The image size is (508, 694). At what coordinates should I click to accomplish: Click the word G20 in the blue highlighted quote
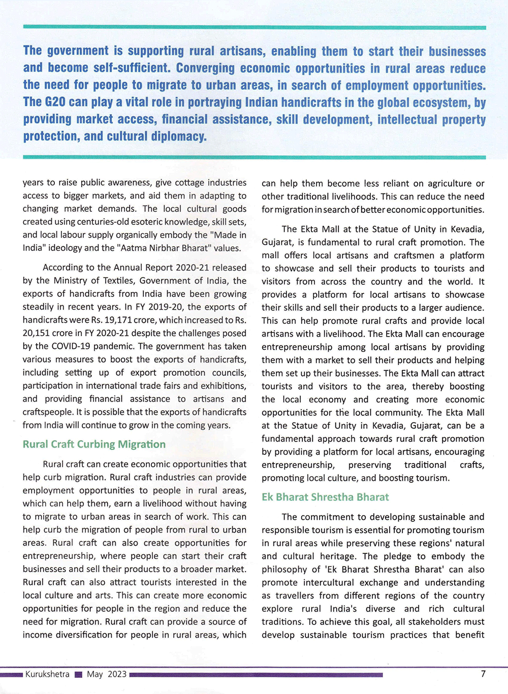pos(55,102)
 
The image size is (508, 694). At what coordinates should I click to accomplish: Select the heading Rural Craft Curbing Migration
pos(94,444)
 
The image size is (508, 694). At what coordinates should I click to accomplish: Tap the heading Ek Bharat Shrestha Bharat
pos(325,497)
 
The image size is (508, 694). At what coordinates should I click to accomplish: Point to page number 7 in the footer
pos(483,674)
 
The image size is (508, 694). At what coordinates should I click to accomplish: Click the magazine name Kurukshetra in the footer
pos(47,674)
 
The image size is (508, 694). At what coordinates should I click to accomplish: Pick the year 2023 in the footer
pos(117,674)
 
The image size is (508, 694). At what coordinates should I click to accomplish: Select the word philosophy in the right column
pos(284,570)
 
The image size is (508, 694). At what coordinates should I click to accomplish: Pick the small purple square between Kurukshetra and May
pos(78,675)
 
